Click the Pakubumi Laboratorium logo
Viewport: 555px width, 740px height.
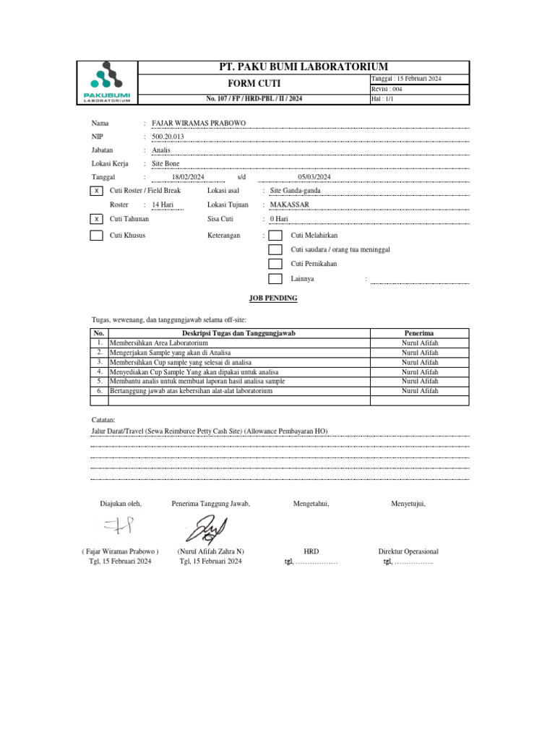[106, 83]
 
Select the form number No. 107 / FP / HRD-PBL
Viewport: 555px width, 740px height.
[253, 99]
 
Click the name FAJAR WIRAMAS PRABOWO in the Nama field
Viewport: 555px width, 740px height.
[199, 123]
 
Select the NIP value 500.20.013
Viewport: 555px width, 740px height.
[168, 137]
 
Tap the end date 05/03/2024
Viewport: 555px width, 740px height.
[314, 177]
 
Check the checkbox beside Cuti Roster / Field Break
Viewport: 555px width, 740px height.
[96, 191]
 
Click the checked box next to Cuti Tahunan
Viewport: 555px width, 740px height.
[96, 218]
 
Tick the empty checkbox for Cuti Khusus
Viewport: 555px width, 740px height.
[96, 236]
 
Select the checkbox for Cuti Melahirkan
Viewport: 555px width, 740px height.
[275, 236]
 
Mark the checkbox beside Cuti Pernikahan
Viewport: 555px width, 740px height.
[275, 264]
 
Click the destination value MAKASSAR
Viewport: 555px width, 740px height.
[289, 205]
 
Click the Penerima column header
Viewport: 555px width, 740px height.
[420, 333]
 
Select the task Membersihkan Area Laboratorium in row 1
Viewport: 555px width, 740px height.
[158, 343]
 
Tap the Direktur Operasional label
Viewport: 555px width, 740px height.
[408, 551]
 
